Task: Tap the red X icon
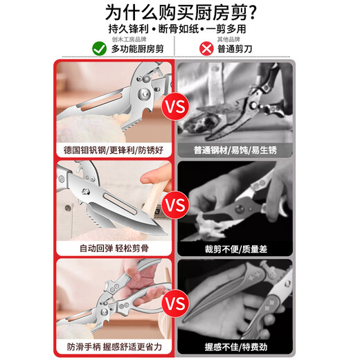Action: (205, 48)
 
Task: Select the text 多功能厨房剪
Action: (141, 49)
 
